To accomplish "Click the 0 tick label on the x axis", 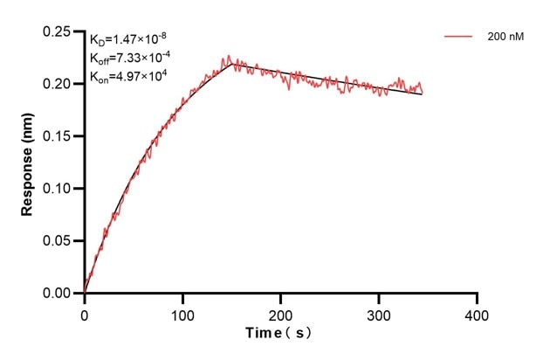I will point(85,313).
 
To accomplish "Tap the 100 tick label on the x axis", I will point(182,313).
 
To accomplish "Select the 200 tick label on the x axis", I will point(280,313).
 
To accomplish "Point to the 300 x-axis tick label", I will point(379,313).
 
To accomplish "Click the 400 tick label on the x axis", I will point(477,313).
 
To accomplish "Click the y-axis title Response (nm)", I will point(28,163).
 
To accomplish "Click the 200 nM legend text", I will point(505,38).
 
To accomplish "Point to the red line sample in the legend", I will point(459,38).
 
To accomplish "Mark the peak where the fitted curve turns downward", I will point(231,64).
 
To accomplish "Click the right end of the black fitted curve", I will point(423,93).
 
